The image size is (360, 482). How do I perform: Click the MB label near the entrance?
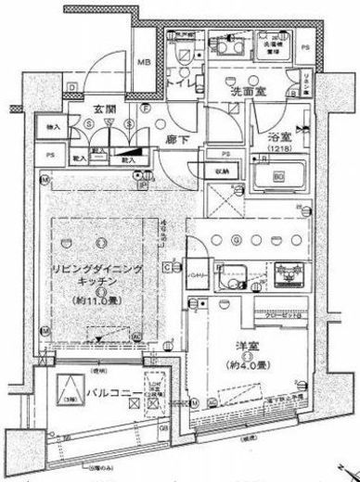tap(145, 62)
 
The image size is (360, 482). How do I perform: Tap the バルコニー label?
tap(109, 398)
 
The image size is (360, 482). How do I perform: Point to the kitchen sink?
tap(233, 274)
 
